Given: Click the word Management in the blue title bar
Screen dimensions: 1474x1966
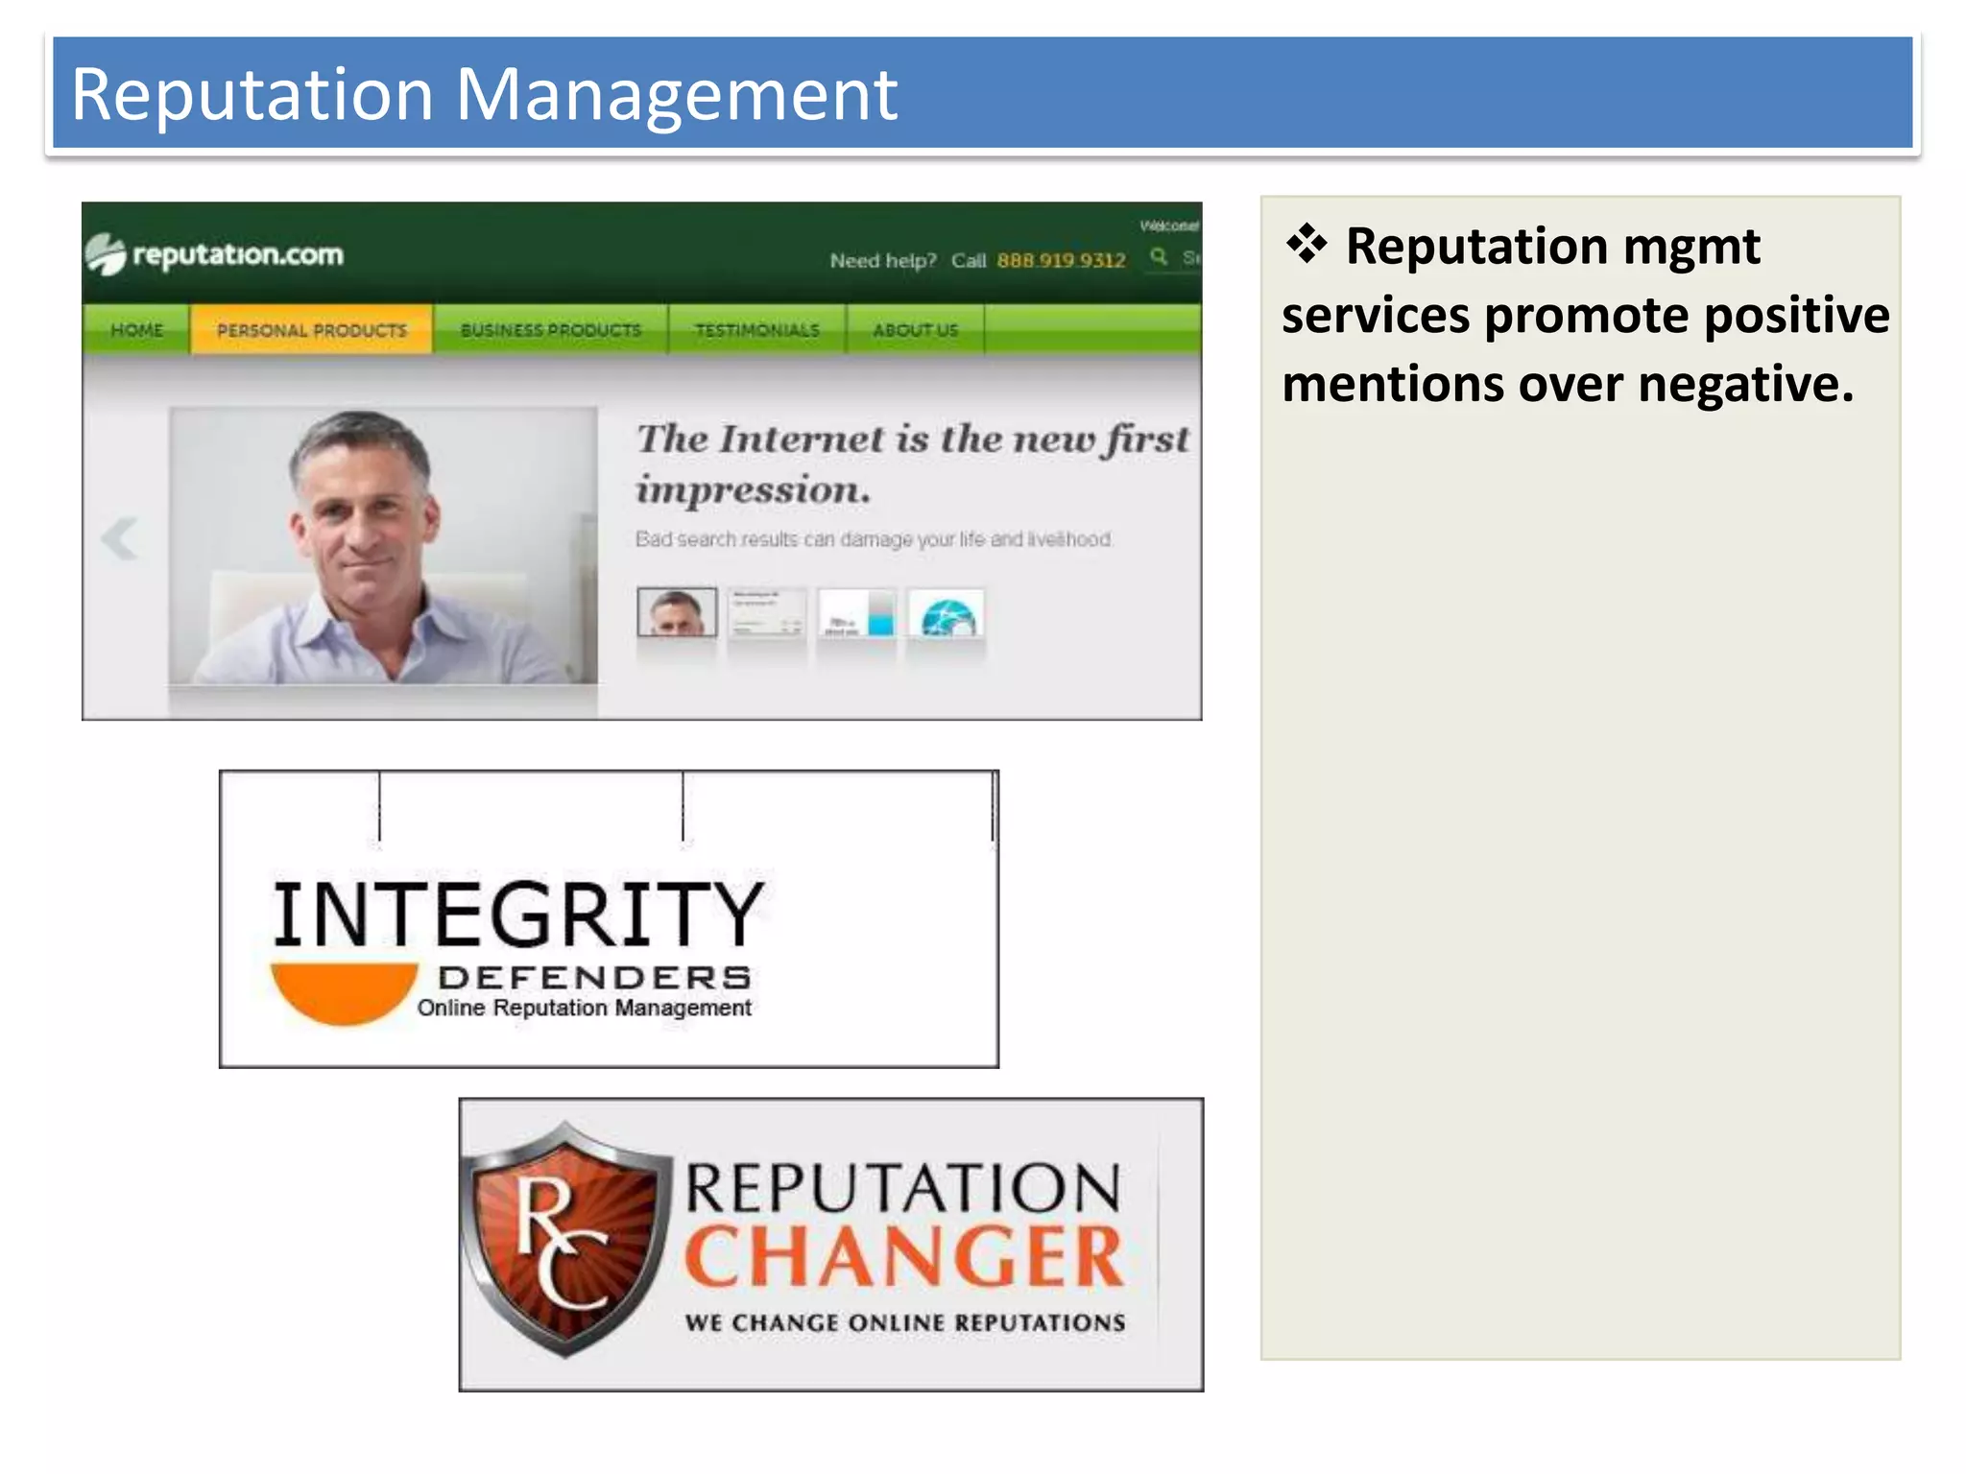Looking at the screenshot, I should (676, 96).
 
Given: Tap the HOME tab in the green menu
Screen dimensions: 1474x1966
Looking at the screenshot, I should (136, 330).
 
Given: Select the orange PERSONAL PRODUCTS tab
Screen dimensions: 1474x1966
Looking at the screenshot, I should (311, 330).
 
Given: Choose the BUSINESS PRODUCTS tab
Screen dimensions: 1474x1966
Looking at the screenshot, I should (550, 330).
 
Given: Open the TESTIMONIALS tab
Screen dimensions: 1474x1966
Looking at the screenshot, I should (757, 330).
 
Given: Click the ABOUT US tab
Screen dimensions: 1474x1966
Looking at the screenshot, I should (915, 330).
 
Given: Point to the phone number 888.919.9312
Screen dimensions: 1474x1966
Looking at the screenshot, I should (1061, 260).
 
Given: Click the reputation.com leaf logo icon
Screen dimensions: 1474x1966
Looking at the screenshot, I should (106, 254).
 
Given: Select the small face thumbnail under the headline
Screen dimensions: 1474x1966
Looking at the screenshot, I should (677, 612).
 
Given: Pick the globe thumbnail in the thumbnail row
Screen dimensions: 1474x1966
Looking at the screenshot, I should (947, 614).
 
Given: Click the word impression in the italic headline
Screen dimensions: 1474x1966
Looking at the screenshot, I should (754, 490).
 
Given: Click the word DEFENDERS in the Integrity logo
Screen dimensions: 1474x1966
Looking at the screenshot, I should (594, 977).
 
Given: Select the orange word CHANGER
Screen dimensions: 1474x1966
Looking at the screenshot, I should (903, 1256).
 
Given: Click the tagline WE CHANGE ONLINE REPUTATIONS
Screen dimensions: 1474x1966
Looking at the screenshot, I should (904, 1322).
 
